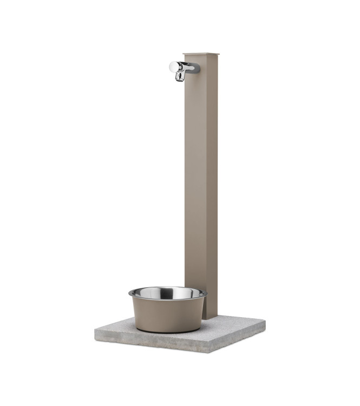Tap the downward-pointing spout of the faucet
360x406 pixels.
coord(179,77)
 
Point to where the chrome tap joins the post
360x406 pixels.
coord(195,68)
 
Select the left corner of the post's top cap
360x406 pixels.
coord(184,54)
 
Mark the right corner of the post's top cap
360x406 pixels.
coord(219,53)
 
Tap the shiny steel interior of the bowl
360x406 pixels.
coord(168,294)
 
